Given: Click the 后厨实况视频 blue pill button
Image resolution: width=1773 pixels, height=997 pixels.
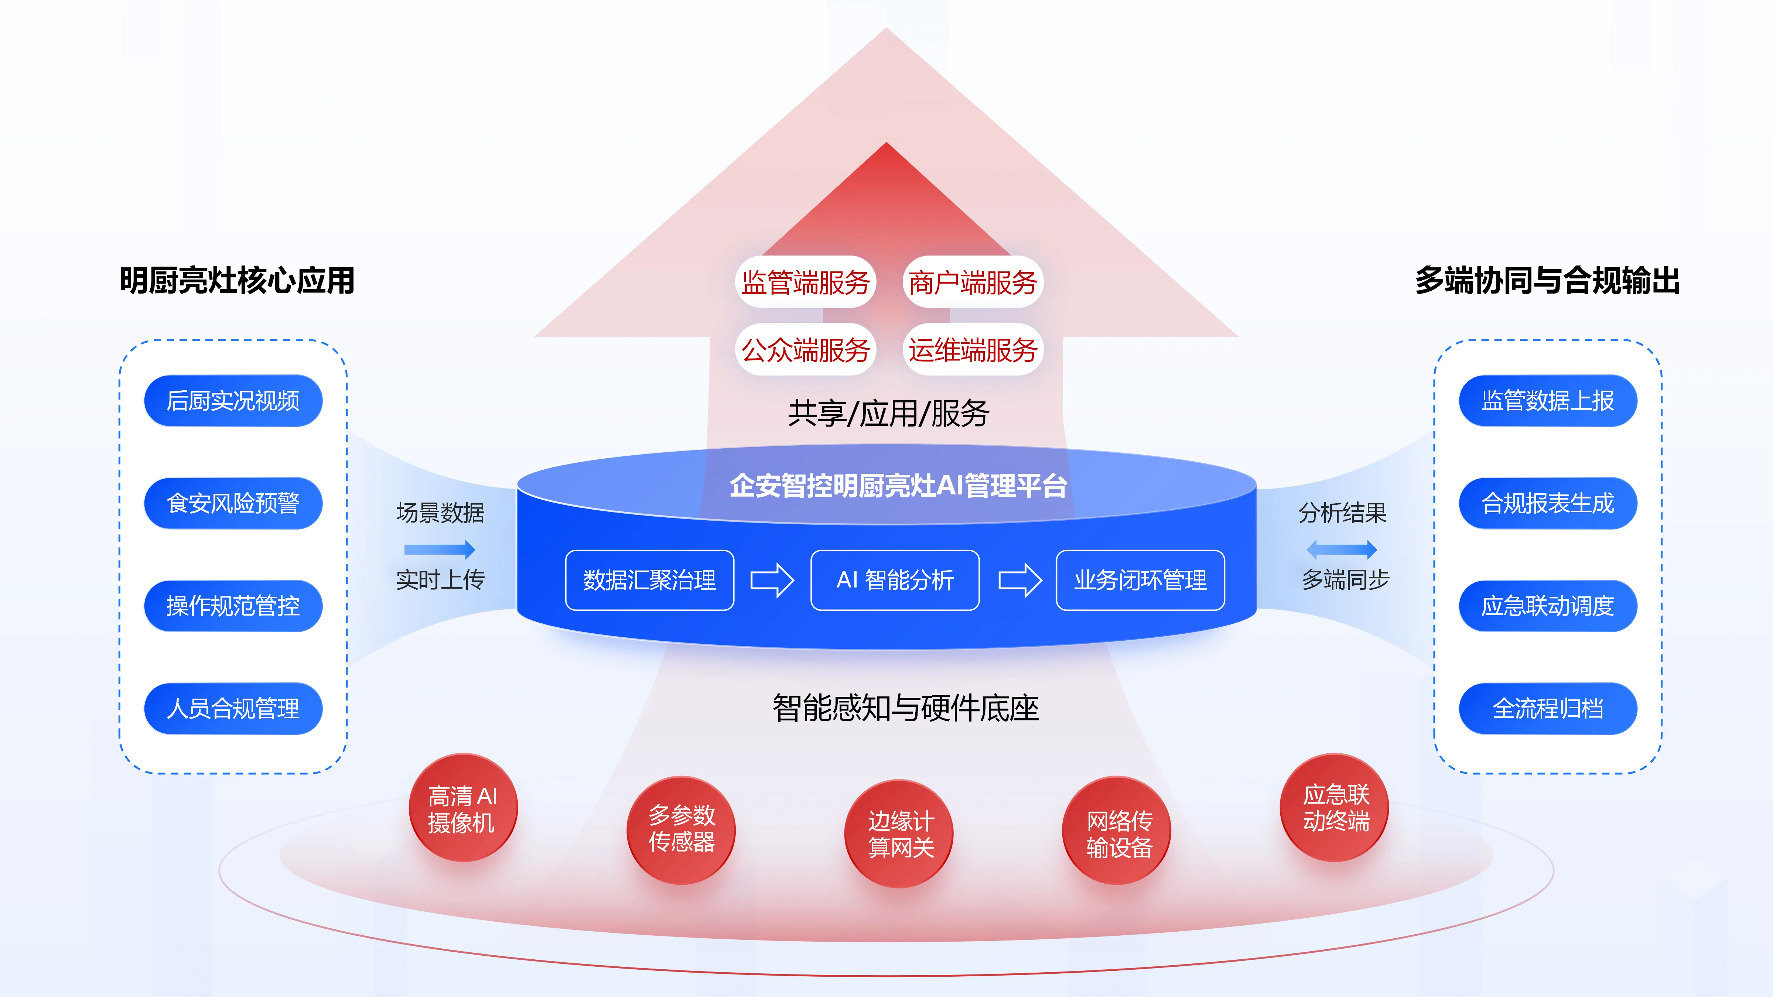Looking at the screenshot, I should (233, 400).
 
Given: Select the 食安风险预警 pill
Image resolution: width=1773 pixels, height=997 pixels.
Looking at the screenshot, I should (233, 503).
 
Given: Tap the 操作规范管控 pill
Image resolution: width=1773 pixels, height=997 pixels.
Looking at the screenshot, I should (233, 606).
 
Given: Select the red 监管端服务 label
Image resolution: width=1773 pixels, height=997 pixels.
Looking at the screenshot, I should (805, 282).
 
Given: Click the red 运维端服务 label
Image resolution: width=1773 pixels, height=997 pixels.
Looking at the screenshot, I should (973, 350).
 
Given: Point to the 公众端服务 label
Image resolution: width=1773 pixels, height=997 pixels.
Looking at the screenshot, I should (805, 350).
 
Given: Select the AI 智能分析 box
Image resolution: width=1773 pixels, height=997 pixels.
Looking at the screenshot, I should (895, 580).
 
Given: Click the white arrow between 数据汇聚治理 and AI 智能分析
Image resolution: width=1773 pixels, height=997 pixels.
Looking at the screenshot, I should (772, 580).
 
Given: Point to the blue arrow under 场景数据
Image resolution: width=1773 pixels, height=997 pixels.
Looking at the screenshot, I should (440, 549).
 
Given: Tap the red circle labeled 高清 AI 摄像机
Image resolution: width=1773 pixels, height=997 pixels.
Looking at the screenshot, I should (462, 808).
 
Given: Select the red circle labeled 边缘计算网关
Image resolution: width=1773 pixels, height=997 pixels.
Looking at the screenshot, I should (899, 833).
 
